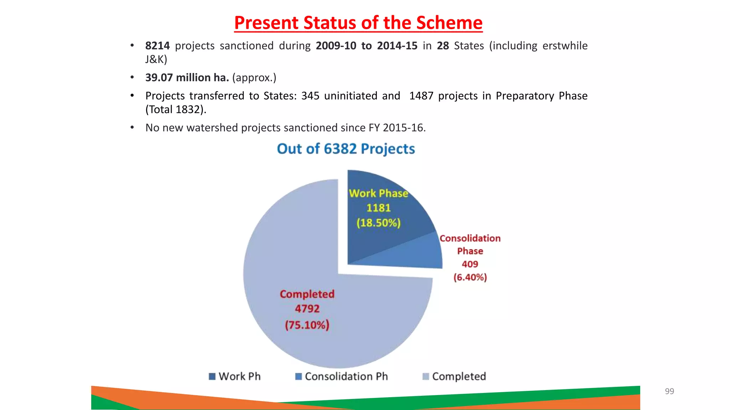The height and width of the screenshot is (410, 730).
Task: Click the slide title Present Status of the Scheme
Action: tap(358, 23)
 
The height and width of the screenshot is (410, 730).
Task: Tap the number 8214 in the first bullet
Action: tap(157, 46)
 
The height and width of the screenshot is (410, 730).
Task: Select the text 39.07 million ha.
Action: tap(187, 78)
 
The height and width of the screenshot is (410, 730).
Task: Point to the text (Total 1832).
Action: tap(176, 109)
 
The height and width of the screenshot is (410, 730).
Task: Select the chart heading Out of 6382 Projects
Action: tap(346, 149)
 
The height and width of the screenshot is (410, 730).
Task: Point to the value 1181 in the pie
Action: tap(379, 208)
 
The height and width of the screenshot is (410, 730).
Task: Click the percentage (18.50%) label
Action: tap(379, 223)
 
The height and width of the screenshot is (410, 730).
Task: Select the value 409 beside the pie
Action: tap(470, 264)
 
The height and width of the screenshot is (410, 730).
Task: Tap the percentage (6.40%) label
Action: tap(470, 277)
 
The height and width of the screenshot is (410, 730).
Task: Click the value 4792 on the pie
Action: tap(307, 309)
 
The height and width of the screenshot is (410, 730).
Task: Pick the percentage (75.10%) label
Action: tap(307, 325)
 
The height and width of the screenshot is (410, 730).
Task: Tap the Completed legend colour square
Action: tap(426, 377)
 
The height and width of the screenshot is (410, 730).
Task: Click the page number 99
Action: tap(669, 391)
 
